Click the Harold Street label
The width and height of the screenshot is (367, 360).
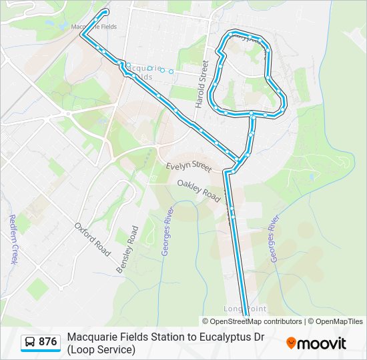[x=199, y=86]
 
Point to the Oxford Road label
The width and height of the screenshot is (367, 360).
[x=93, y=239]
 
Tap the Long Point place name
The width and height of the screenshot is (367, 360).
[x=246, y=309]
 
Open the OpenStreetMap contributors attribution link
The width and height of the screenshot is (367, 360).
[x=252, y=321]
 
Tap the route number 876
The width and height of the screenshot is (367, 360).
[x=47, y=342]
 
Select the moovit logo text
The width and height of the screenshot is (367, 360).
[x=322, y=343]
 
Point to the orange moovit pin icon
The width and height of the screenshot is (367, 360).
[x=291, y=343]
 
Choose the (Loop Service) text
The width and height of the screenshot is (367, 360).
[x=101, y=349]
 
